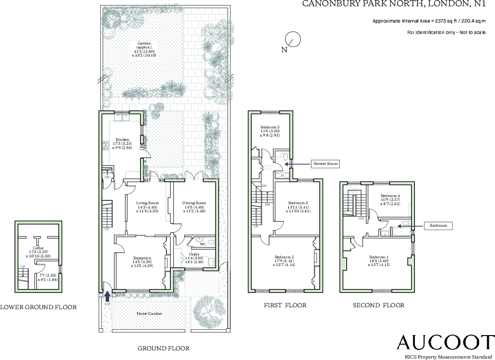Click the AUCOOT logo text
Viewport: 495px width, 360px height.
click(x=438, y=342)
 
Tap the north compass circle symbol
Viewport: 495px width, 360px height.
click(x=292, y=39)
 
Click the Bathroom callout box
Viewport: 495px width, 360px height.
click(x=438, y=225)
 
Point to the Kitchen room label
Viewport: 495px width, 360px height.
click(x=122, y=139)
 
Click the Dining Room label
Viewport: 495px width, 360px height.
click(x=194, y=203)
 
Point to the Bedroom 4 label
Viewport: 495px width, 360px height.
click(x=390, y=196)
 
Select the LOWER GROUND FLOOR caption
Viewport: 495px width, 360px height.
click(x=38, y=307)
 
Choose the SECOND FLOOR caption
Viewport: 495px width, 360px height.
click(x=378, y=305)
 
